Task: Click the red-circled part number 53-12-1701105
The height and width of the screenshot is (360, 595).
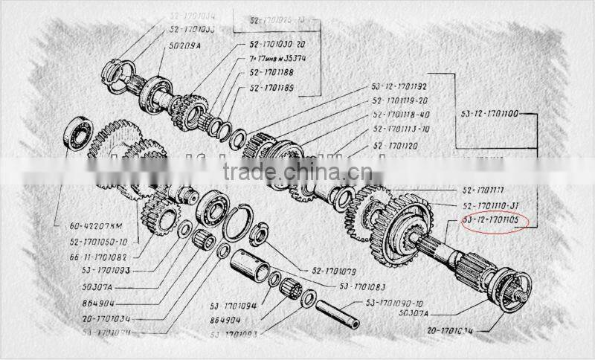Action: (x=494, y=221)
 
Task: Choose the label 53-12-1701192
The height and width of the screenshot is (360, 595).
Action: (x=405, y=87)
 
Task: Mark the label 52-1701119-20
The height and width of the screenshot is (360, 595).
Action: (x=402, y=101)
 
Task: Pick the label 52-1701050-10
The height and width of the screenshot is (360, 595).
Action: (x=99, y=242)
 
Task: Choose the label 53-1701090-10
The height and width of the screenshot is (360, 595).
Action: (x=394, y=303)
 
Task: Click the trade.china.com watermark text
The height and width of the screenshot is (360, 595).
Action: (x=297, y=171)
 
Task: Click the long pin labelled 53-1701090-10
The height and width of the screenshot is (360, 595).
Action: (x=338, y=313)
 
